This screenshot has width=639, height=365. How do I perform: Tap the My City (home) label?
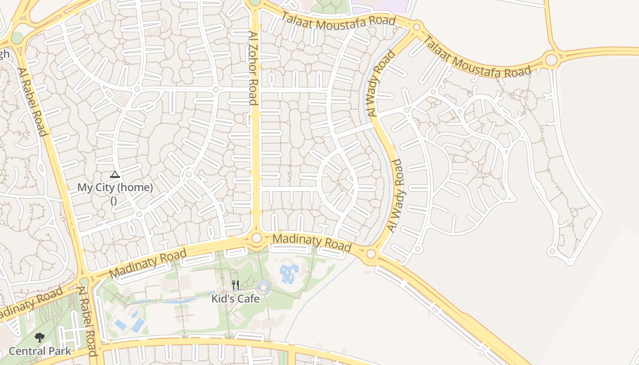coord(115,187)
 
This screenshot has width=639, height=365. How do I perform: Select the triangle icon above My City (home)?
coord(115,174)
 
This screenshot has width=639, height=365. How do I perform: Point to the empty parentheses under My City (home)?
coord(114,200)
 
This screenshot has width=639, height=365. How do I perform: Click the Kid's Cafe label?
coord(235,299)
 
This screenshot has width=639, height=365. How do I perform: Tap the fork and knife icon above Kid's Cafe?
coord(236,286)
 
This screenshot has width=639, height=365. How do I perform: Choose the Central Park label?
coord(40,351)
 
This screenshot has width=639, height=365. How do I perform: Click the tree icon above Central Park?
coord(40,338)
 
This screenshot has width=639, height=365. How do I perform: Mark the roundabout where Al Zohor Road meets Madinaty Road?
coord(257,238)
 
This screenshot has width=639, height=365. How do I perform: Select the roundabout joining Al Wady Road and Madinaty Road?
coord(371,253)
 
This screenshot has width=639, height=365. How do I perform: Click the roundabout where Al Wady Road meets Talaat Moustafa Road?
coord(416,27)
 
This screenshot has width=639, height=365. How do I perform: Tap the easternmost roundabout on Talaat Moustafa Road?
coord(551,59)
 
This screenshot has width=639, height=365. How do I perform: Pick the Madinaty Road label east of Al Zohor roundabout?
coord(312,243)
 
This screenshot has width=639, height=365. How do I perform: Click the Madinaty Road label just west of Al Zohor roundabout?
coord(149,263)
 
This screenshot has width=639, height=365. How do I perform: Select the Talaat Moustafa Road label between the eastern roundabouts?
coord(477,57)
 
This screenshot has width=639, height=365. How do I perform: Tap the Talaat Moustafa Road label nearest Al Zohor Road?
coord(338,18)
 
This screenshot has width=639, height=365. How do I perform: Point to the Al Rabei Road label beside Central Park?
coord(88,321)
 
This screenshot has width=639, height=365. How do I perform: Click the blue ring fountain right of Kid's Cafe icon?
coord(263,287)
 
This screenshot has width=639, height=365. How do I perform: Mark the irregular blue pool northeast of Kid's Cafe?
coord(289,273)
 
